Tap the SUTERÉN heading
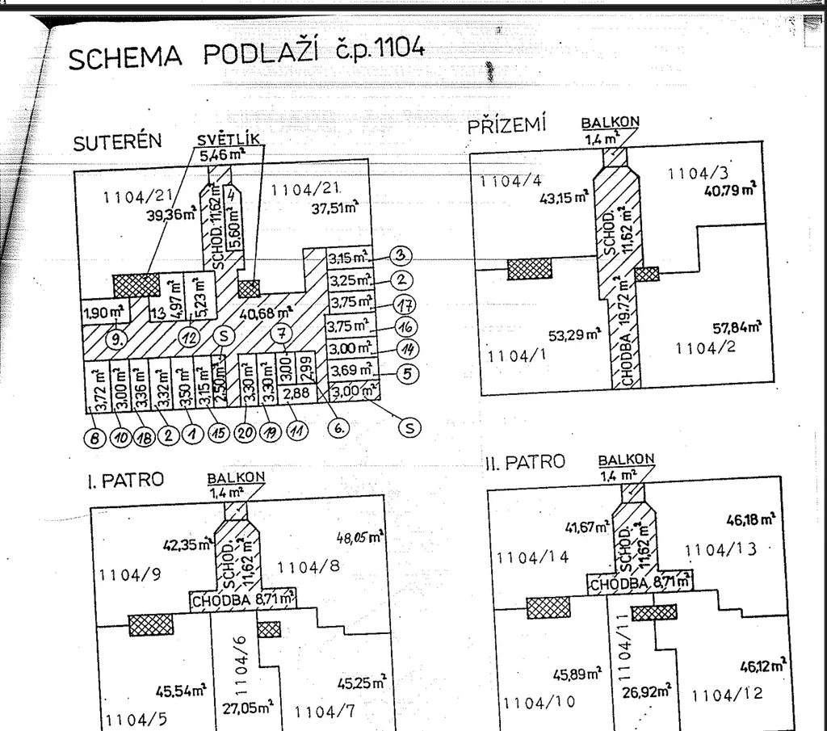[x=116, y=142]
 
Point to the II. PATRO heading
[x=525, y=463]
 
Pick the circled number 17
[x=402, y=305]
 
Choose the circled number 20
[x=246, y=431]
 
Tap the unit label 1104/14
[x=533, y=557]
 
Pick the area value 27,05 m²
[x=247, y=707]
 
